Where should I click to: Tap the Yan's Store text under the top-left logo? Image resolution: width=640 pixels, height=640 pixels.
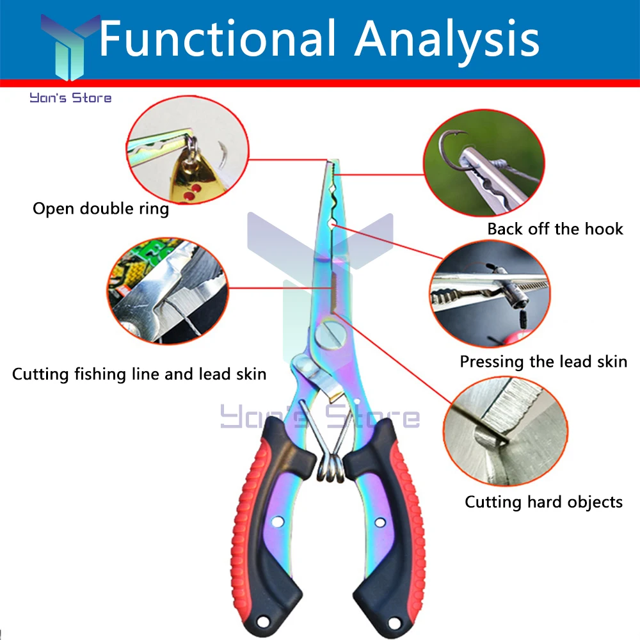[x=70, y=98]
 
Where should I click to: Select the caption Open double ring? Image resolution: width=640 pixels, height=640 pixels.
[x=100, y=209]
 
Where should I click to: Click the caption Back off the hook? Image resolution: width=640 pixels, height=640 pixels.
[x=555, y=229]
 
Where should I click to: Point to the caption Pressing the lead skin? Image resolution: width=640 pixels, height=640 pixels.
[x=543, y=362]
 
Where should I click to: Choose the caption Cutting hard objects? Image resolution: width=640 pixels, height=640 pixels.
[x=543, y=502]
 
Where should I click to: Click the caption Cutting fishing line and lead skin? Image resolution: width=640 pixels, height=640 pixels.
[x=139, y=374]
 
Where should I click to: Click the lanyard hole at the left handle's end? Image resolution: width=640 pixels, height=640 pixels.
[x=262, y=621]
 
